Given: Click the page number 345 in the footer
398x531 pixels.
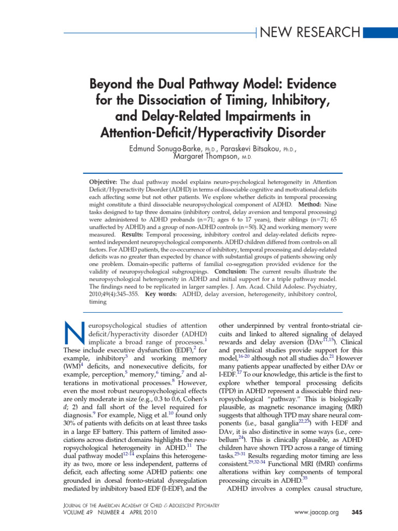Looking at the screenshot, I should [x=357, y=513].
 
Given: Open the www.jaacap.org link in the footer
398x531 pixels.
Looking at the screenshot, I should [x=316, y=513].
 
